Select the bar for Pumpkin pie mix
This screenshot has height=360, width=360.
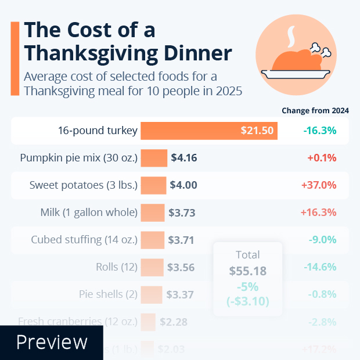[x=154, y=158]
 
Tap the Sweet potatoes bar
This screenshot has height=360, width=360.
[x=153, y=185]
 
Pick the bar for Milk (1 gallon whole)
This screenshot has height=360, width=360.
[x=153, y=213]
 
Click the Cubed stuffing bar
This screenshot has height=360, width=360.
[x=153, y=240]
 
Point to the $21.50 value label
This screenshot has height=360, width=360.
[x=257, y=131]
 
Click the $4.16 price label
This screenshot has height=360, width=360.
[x=185, y=158]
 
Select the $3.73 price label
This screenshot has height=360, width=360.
[x=182, y=213]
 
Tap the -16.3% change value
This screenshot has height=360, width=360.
[x=320, y=130]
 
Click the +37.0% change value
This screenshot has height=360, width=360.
[x=319, y=185]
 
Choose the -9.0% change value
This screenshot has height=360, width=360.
[x=322, y=240]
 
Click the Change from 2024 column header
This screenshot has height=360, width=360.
[x=319, y=110]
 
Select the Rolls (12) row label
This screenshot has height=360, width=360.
[x=116, y=267]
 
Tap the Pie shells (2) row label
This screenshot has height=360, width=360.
[x=108, y=294]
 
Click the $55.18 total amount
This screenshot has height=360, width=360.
[x=248, y=271]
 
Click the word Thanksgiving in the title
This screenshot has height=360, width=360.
[x=87, y=53]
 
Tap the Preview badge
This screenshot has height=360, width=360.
[x=51, y=343]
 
